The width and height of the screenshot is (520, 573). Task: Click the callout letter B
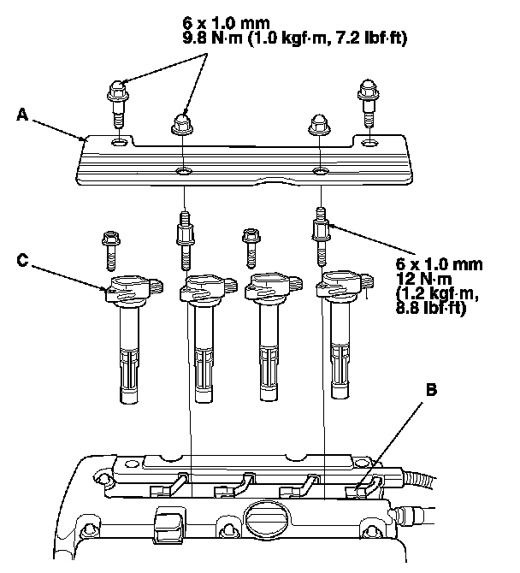pyautogui.click(x=432, y=390)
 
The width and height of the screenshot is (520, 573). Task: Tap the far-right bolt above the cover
pyautogui.click(x=368, y=98)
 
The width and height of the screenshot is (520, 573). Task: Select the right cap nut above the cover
pyautogui.click(x=318, y=127)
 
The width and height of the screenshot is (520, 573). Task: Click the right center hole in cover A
pyautogui.click(x=319, y=172)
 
